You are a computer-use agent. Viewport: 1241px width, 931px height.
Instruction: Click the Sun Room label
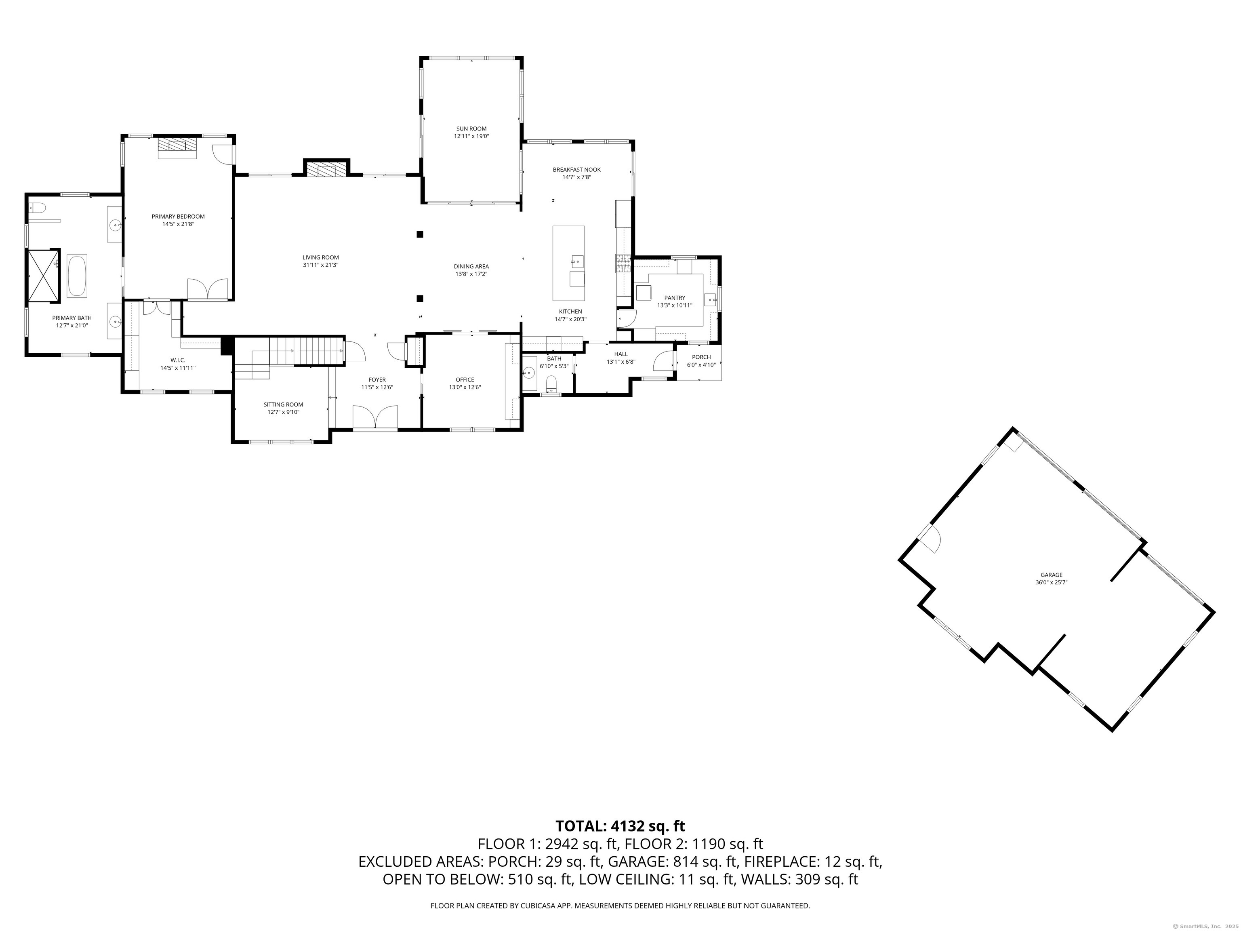click(x=471, y=128)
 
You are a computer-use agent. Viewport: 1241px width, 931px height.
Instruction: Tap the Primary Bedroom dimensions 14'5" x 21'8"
click(x=178, y=224)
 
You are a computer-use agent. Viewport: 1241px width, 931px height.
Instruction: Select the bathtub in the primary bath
click(x=77, y=276)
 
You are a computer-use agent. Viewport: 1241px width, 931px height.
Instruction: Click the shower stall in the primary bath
click(x=44, y=276)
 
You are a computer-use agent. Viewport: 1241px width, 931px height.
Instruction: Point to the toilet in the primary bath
click(x=38, y=208)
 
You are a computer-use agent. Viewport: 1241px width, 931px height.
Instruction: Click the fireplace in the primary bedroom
click(x=177, y=145)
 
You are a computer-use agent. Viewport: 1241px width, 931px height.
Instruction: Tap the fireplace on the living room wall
click(x=326, y=170)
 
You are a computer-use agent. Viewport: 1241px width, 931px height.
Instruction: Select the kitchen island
click(x=568, y=263)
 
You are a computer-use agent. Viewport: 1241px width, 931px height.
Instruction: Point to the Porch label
click(x=701, y=357)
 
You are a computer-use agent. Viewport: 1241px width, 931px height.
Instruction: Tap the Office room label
click(x=465, y=380)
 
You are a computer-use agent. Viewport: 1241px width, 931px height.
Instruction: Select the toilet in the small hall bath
click(x=551, y=384)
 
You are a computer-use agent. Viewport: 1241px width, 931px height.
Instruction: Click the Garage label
click(x=1052, y=575)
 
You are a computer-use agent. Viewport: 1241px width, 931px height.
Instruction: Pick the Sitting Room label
click(x=283, y=404)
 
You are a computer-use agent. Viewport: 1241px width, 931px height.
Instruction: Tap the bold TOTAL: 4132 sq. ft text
click(x=620, y=826)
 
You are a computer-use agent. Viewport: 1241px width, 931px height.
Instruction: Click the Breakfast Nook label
click(x=576, y=169)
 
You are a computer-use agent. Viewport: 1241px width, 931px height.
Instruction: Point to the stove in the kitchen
click(x=623, y=263)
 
